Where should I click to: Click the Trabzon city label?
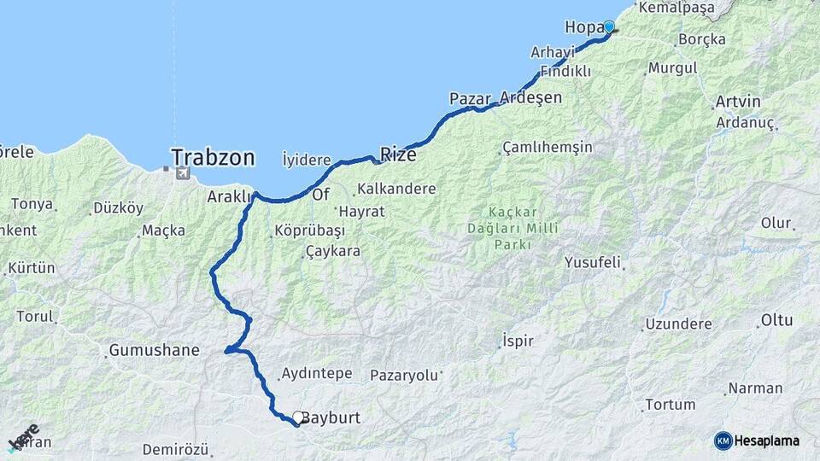click(x=213, y=157)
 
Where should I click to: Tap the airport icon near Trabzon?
click(x=182, y=174)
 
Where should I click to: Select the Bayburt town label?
click(x=333, y=418)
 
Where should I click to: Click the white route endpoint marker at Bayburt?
click(x=297, y=417)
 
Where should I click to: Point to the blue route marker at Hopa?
click(x=609, y=26)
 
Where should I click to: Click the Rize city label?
click(x=398, y=155)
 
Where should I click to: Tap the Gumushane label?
click(x=154, y=350)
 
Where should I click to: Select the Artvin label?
click(x=736, y=102)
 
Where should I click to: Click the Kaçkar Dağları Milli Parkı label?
click(x=512, y=228)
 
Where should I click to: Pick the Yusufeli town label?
click(x=592, y=263)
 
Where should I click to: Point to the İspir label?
click(x=518, y=341)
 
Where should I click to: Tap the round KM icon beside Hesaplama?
click(x=723, y=441)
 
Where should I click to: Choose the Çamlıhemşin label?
click(x=548, y=147)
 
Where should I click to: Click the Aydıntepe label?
click(x=316, y=374)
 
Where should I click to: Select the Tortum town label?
click(x=670, y=404)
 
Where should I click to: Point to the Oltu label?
click(x=776, y=321)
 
